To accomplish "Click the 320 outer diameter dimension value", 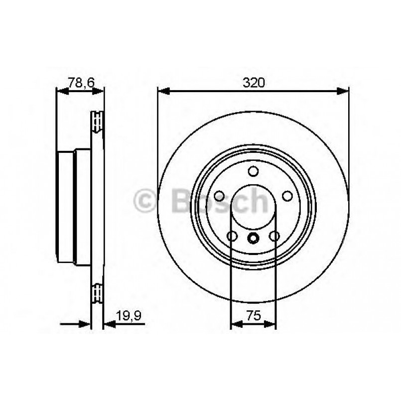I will click(253, 83).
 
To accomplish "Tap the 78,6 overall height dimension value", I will click(81, 83).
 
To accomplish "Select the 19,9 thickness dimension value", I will click(127, 315).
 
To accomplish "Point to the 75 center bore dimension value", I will click(253, 315).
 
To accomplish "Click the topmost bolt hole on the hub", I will click(253, 171).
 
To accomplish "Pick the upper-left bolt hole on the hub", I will click(219, 196).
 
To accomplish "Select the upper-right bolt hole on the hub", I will click(287, 196).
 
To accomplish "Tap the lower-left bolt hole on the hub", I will click(232, 236).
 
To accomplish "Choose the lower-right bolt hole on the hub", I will click(274, 236).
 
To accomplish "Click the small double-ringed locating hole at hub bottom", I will click(253, 238).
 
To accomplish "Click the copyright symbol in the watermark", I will click(145, 201).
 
